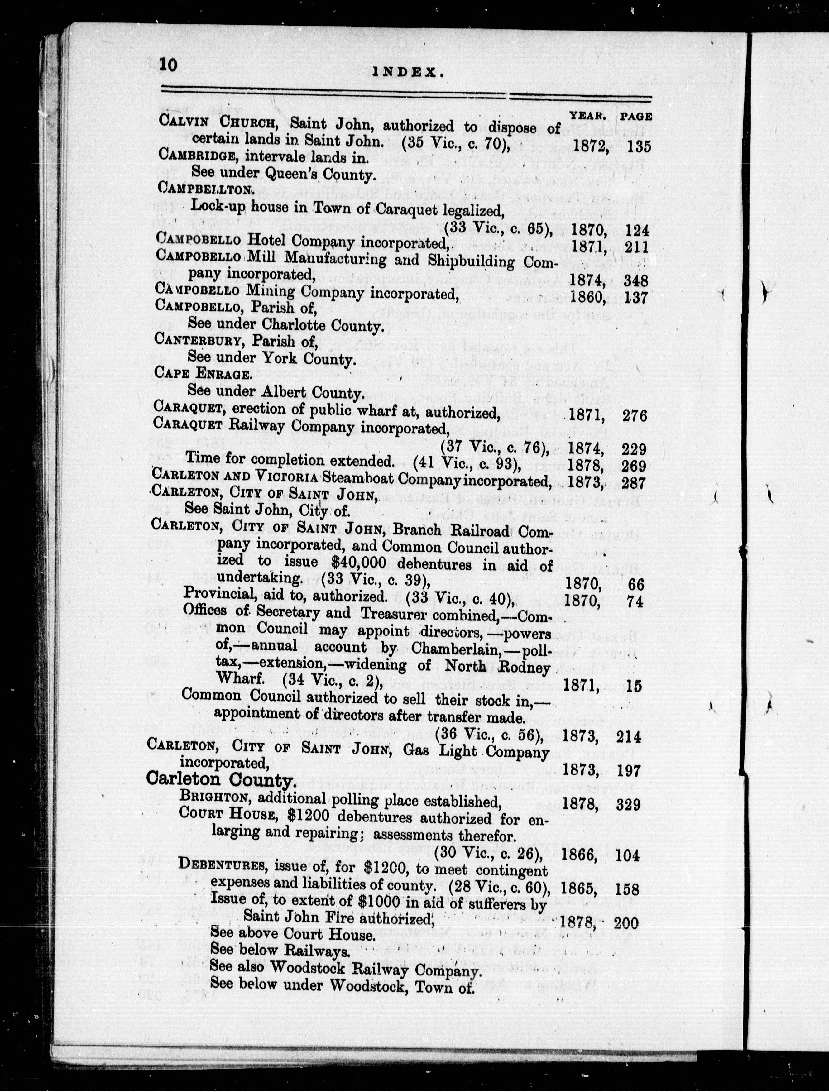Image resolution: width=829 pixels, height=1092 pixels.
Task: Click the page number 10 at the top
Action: click(168, 66)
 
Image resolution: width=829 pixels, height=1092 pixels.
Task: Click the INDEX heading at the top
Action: click(408, 73)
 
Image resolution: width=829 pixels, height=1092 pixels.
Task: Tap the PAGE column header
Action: click(636, 117)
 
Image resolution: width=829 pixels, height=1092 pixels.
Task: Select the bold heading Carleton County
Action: click(221, 780)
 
